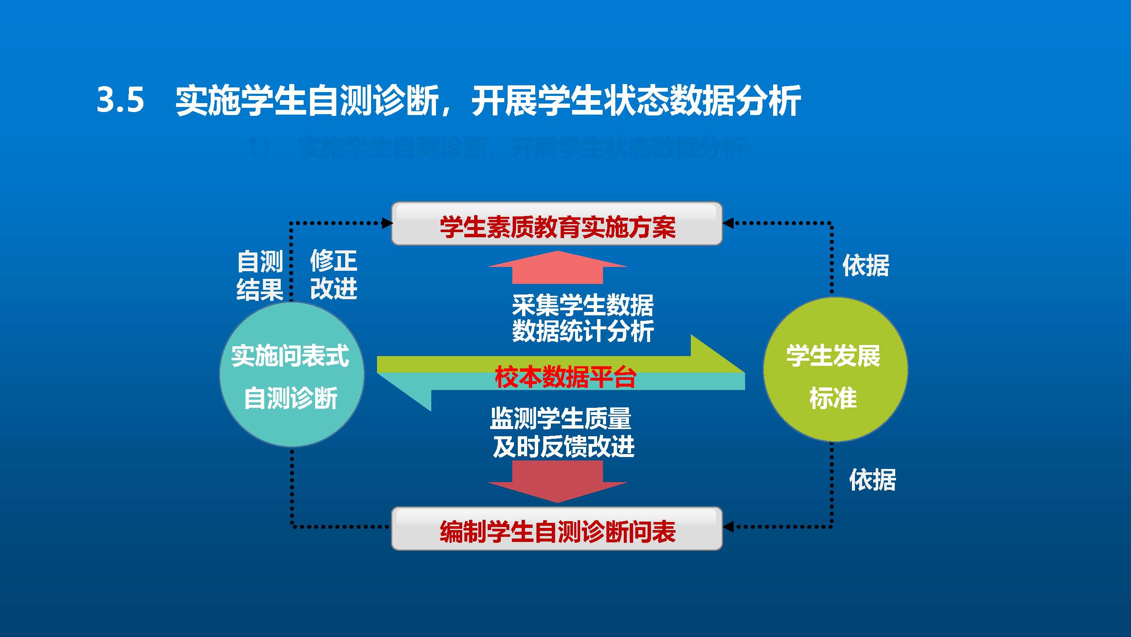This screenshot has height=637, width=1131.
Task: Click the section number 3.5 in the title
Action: [120, 100]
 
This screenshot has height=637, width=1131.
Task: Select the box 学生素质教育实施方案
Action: [557, 224]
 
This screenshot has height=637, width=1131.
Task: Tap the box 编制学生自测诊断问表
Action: [557, 529]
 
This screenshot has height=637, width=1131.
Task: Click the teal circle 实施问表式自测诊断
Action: [291, 374]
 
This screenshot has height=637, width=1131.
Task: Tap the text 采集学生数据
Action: [583, 305]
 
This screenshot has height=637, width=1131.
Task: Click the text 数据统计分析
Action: [583, 331]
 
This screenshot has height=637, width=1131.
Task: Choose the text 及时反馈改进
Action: [564, 446]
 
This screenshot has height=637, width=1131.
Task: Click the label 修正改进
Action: [334, 275]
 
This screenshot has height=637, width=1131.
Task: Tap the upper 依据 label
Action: [866, 266]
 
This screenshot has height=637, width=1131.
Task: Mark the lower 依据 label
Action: [872, 479]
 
